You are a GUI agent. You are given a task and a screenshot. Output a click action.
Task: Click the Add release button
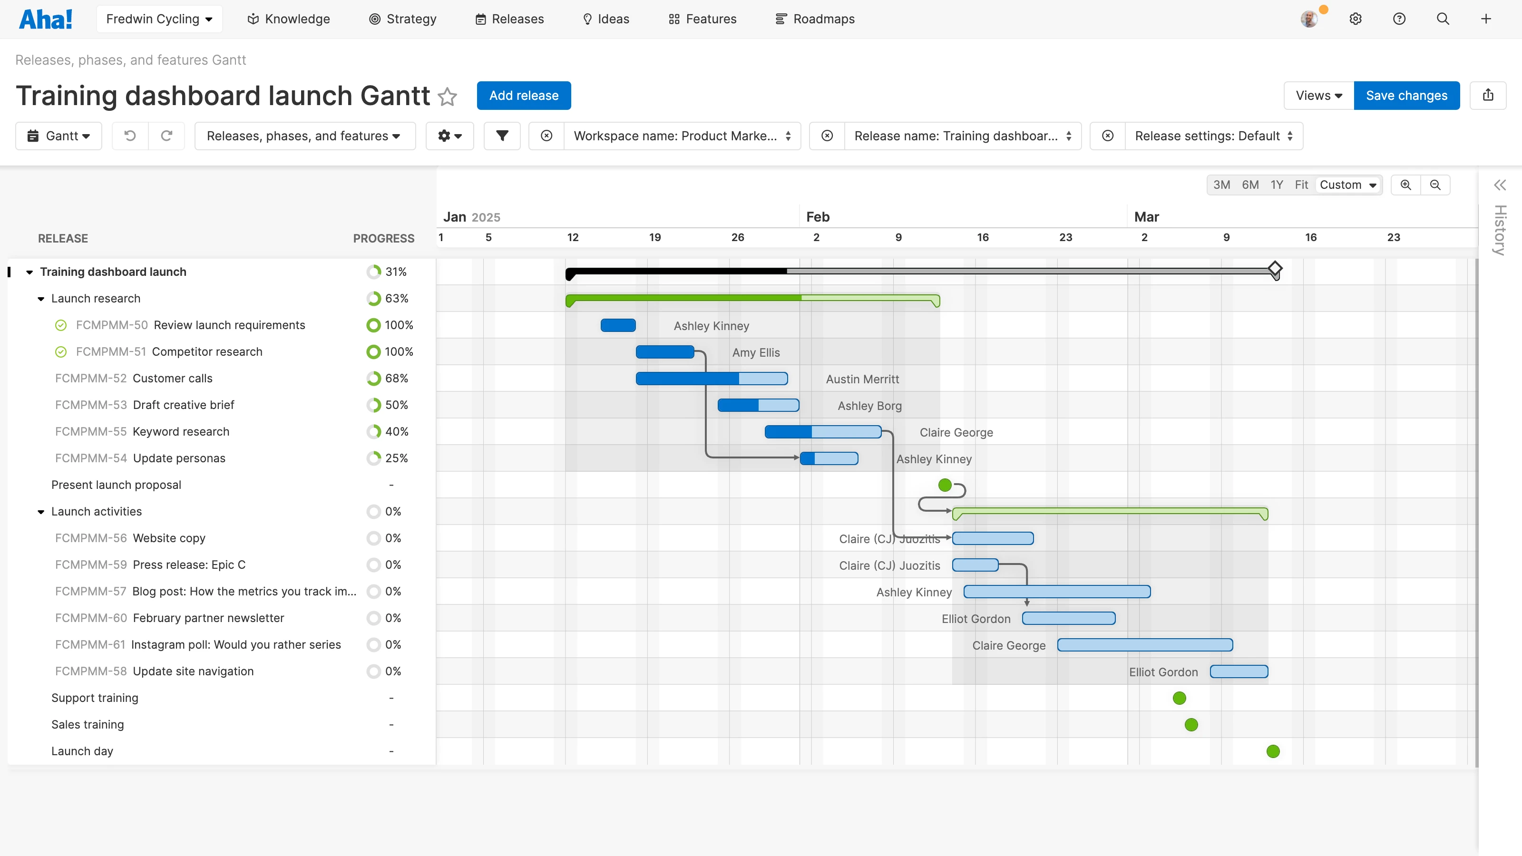[x=524, y=96]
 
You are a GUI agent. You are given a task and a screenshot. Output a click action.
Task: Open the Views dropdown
[x=1318, y=96]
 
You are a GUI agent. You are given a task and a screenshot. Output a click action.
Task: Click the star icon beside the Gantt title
[x=447, y=96]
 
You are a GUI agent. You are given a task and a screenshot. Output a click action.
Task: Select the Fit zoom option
[x=1301, y=185]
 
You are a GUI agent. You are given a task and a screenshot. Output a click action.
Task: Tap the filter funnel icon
[x=502, y=136]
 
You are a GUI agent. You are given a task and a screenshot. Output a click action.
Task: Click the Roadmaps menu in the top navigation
[x=815, y=19]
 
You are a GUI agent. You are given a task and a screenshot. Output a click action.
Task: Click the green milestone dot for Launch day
[x=1273, y=751]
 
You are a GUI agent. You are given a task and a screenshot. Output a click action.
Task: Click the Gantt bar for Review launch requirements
[x=618, y=325]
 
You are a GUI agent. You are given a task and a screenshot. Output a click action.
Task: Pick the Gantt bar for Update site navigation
[x=1239, y=671]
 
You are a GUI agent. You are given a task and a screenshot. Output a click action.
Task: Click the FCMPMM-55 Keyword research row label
[x=142, y=432]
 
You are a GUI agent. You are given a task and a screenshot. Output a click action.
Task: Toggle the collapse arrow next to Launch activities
[x=41, y=512]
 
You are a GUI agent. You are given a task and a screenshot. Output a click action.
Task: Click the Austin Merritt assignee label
[x=862, y=379]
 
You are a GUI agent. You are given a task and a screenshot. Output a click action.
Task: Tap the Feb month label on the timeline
[x=818, y=217]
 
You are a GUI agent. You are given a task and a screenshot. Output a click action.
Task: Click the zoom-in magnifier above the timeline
[x=1405, y=185]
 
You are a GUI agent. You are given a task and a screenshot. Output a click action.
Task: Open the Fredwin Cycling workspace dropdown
[x=159, y=19]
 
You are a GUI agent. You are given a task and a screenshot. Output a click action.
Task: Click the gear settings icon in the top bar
[x=1356, y=19]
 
